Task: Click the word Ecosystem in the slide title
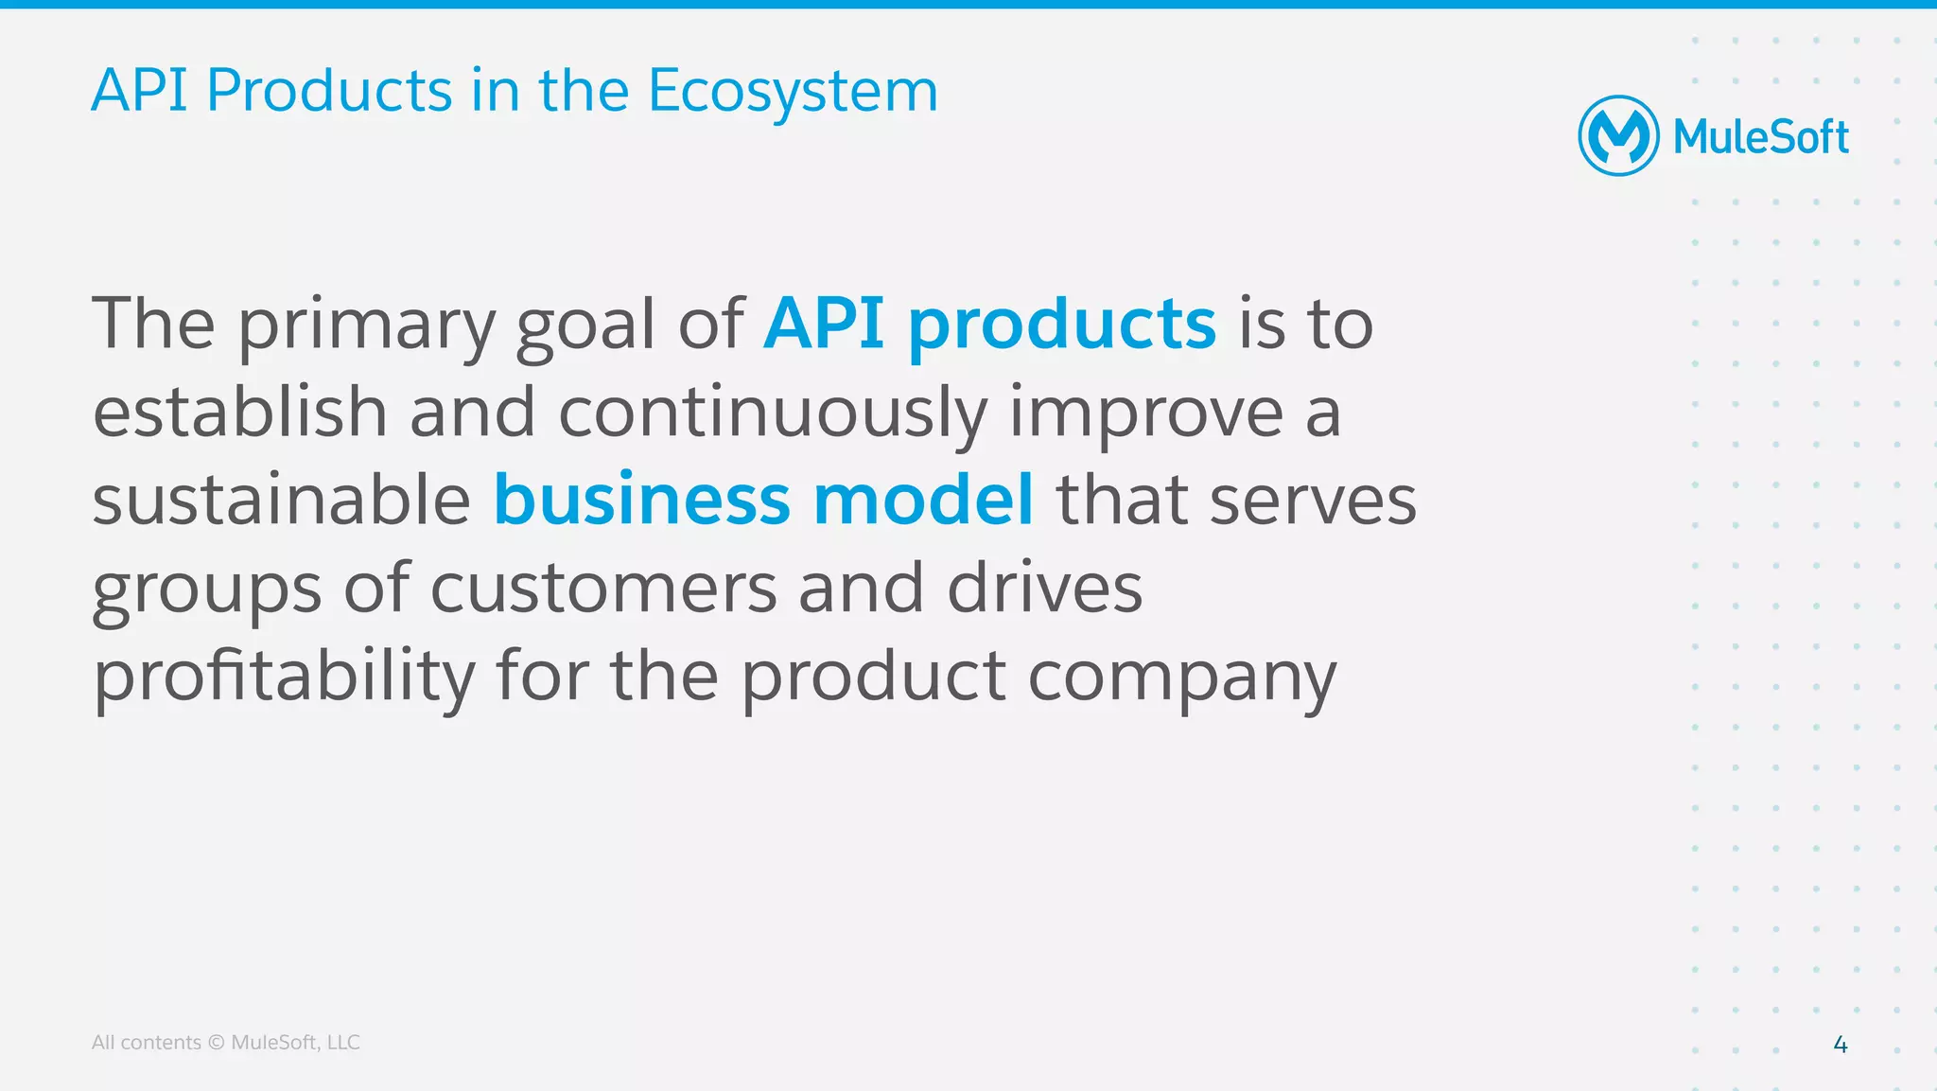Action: pos(793,92)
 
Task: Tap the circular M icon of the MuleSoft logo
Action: pos(1618,136)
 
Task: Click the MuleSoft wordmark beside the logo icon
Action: pos(1760,138)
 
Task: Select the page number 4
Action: pos(1841,1045)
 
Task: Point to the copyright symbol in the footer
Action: pos(216,1043)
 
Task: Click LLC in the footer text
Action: pos(342,1043)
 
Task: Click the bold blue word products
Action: pos(1061,325)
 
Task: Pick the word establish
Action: pos(240,412)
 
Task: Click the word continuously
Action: pos(773,414)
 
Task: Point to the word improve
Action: pos(1146,414)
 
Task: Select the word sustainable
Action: pos(281,500)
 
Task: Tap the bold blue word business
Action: pos(641,500)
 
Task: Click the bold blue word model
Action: pos(922,500)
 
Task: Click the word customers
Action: pos(603,588)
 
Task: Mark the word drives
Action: pos(1044,588)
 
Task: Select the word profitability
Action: pos(284,677)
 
